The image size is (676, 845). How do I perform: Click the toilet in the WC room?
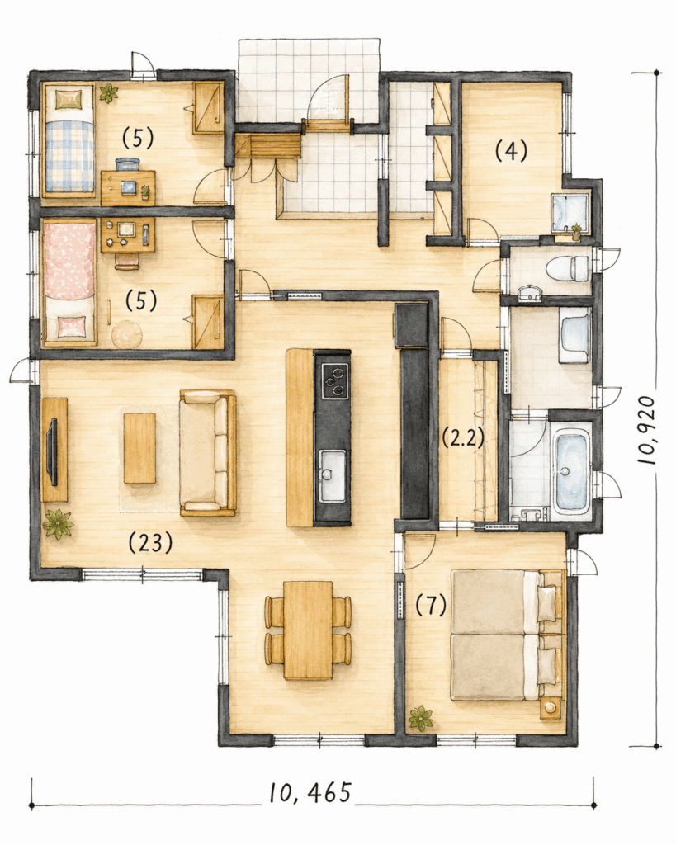point(566,268)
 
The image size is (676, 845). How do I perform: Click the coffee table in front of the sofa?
point(139,448)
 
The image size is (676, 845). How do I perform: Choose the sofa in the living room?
point(207,453)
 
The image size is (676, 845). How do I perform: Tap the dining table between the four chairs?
point(308,630)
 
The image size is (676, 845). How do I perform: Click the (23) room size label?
point(150,542)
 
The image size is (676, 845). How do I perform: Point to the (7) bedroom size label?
point(431,606)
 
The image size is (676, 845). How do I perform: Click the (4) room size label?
point(510,152)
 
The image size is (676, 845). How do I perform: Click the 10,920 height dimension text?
point(645,431)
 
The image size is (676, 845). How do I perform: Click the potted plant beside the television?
point(58,523)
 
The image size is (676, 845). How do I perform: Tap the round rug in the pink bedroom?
point(126,334)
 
